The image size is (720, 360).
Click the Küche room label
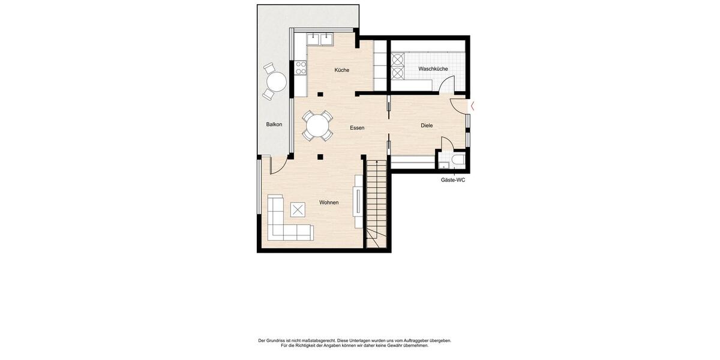[341, 70]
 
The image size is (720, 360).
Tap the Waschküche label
[433, 69]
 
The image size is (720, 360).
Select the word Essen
[357, 128]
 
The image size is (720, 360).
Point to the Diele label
[427, 125]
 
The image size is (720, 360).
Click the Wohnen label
[329, 202]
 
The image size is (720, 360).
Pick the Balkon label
[274, 125]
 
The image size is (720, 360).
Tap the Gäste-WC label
[453, 180]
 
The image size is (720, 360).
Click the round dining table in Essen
[317, 126]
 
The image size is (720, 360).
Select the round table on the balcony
[276, 81]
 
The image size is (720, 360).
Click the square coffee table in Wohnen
[298, 210]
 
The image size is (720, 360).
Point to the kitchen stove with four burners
[301, 68]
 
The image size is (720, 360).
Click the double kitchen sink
[320, 40]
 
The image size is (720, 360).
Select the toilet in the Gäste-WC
[458, 160]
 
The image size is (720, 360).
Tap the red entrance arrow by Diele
[473, 106]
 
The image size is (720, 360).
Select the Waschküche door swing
[446, 85]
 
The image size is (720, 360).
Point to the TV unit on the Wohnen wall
[358, 201]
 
